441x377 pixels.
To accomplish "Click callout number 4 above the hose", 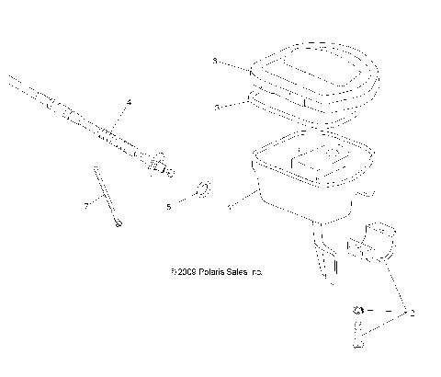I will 128,103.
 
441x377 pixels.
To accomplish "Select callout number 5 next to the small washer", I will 168,207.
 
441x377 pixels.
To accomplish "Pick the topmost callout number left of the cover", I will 214,62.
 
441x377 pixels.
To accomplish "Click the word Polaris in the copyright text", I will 214,273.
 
